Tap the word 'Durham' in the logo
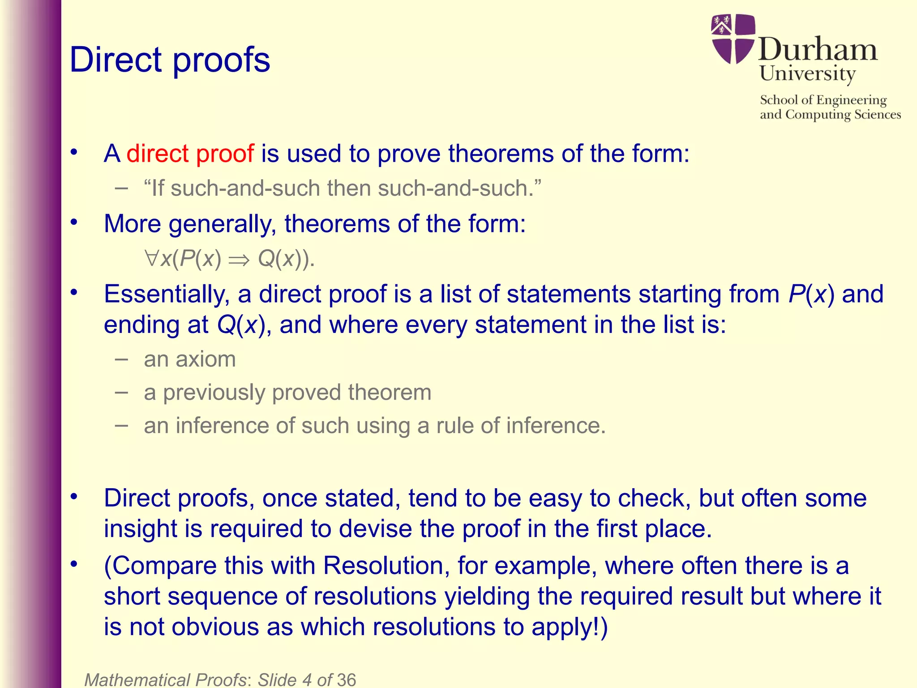(818, 50)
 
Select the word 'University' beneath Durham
(807, 73)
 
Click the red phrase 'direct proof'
(190, 154)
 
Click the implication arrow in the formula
(239, 260)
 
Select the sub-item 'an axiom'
(189, 359)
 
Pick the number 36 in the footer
(346, 679)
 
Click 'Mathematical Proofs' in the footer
(165, 679)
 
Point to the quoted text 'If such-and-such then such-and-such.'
(343, 188)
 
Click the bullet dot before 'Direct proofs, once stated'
(74, 496)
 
